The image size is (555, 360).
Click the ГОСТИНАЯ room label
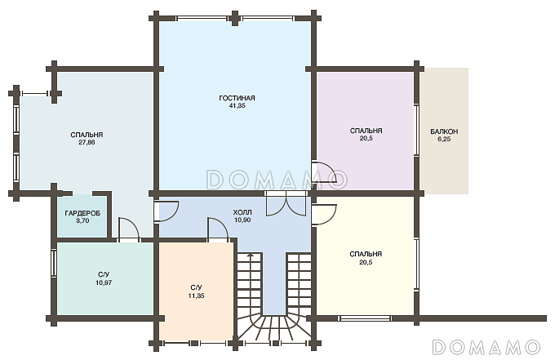[x=237, y=98]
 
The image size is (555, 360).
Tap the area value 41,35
[x=238, y=105]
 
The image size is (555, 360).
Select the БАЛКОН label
[x=444, y=131]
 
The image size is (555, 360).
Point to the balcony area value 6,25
[x=444, y=139]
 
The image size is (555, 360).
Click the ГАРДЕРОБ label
[x=82, y=213]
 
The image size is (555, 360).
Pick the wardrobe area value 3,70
[x=82, y=221]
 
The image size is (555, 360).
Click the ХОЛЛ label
[x=242, y=212]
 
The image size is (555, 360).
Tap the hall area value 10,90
[x=242, y=220]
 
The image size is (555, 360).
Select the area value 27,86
[x=87, y=142]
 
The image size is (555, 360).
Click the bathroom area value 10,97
[x=104, y=282]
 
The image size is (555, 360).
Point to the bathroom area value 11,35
[x=196, y=296]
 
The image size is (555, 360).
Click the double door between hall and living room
[x=286, y=203]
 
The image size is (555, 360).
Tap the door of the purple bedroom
[x=324, y=174]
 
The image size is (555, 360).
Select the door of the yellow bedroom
[x=324, y=215]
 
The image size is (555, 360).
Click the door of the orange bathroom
[x=218, y=230]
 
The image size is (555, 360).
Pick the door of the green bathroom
[x=129, y=230]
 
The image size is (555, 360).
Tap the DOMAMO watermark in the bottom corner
[x=486, y=347]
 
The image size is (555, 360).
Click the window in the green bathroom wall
[x=53, y=263]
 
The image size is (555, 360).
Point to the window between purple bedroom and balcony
[x=417, y=131]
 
